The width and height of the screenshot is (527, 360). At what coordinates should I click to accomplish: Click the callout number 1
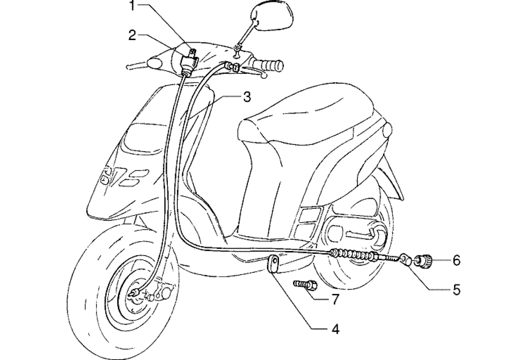coord(132,6)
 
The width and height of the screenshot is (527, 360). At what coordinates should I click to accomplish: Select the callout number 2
coord(132,36)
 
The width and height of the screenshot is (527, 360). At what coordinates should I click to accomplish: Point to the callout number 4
coord(334,329)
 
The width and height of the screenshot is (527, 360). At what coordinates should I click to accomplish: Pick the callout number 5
coord(456,290)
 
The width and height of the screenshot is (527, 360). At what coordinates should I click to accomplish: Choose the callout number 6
coord(456,260)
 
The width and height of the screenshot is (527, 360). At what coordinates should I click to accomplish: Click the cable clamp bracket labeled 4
coord(273,263)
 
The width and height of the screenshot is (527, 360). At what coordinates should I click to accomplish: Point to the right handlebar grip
coord(269,65)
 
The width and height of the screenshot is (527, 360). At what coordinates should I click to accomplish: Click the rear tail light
coord(387,132)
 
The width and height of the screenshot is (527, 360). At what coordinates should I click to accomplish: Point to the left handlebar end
coord(130,67)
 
